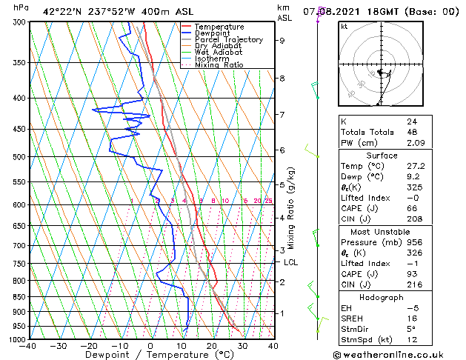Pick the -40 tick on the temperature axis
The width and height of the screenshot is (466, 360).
pos(28,346)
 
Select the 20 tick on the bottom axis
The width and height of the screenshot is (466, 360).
pos(211,346)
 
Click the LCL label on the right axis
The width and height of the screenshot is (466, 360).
pos(291,262)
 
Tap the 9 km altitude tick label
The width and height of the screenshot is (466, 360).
pos(282,41)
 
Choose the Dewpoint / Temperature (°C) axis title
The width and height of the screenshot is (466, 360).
pos(150,356)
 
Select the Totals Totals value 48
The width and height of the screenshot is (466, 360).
pos(412,132)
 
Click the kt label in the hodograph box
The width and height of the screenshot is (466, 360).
pos(344,26)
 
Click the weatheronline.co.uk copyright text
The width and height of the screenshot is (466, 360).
pos(401,355)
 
